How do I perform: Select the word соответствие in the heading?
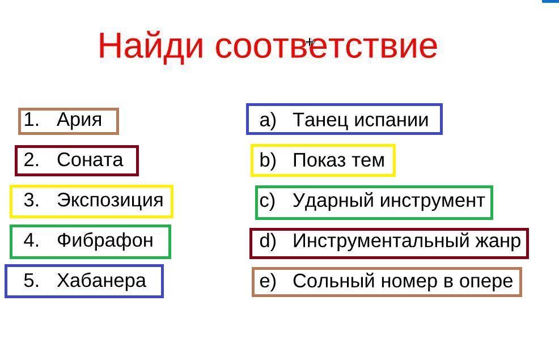point(326,46)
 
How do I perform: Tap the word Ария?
point(79,120)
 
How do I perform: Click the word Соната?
point(90,160)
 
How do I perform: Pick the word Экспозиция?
point(110,200)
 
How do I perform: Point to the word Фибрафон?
point(105,240)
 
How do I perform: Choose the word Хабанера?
point(101,281)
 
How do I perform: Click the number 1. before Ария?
point(31,120)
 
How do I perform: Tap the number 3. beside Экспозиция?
point(31,200)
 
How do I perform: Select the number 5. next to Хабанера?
point(31,281)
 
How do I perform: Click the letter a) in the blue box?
point(268,121)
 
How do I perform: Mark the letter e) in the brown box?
point(268,282)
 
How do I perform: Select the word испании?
point(391,120)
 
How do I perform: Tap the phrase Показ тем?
point(338,160)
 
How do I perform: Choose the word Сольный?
point(334,281)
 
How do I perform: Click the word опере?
point(486,282)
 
